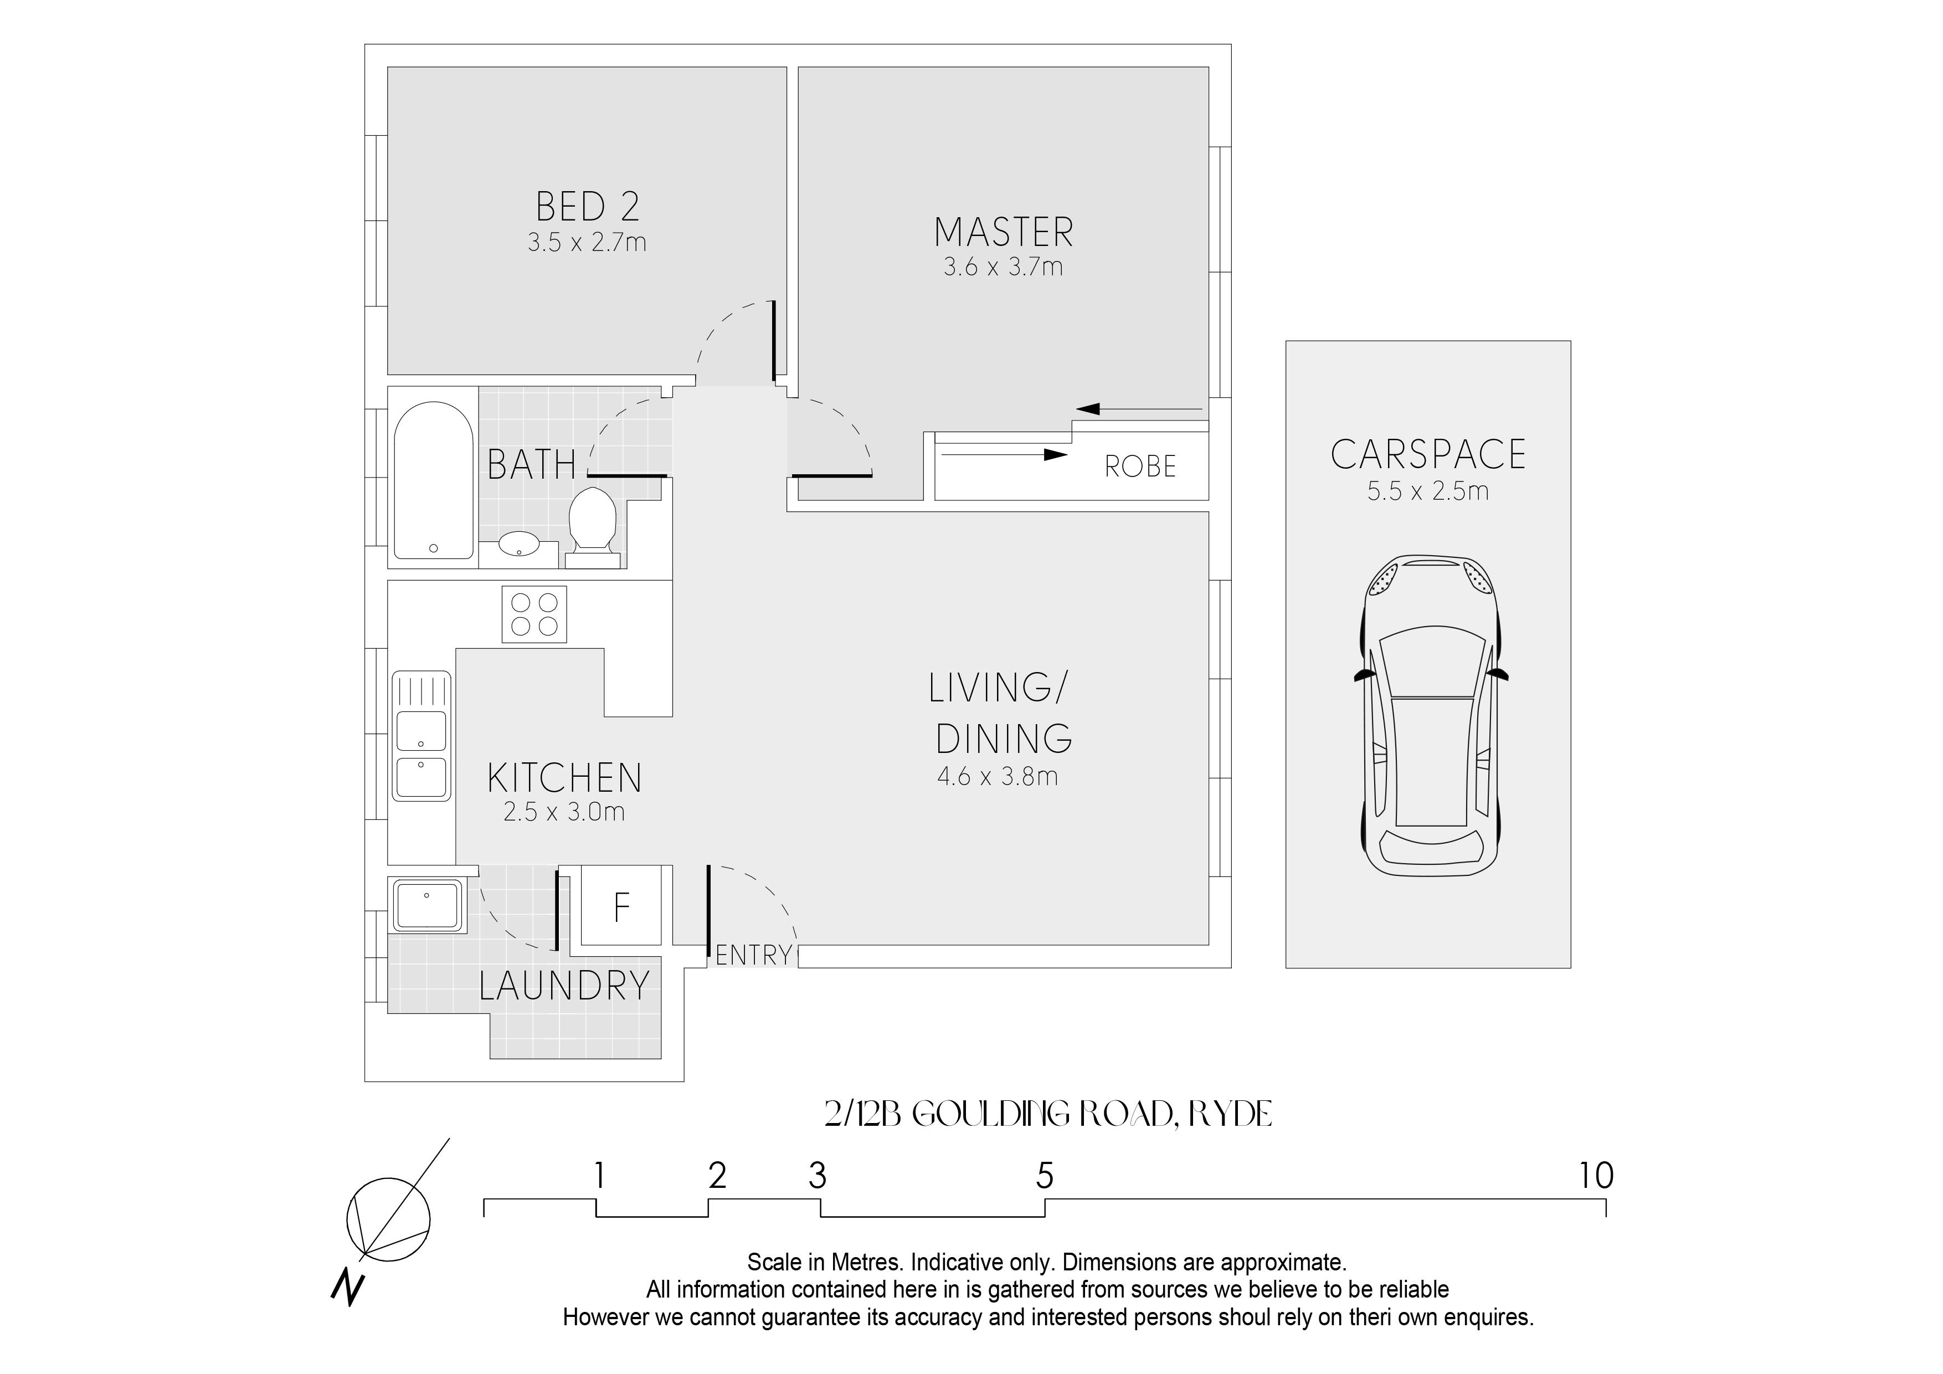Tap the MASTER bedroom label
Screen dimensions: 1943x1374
tap(1004, 232)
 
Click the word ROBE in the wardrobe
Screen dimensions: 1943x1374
tap(1140, 466)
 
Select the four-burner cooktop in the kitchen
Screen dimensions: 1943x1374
tap(534, 614)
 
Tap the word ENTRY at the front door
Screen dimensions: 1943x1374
tap(753, 956)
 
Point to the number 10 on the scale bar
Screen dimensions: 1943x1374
tap(1596, 1176)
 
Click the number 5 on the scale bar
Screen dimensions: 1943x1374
tap(1045, 1176)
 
